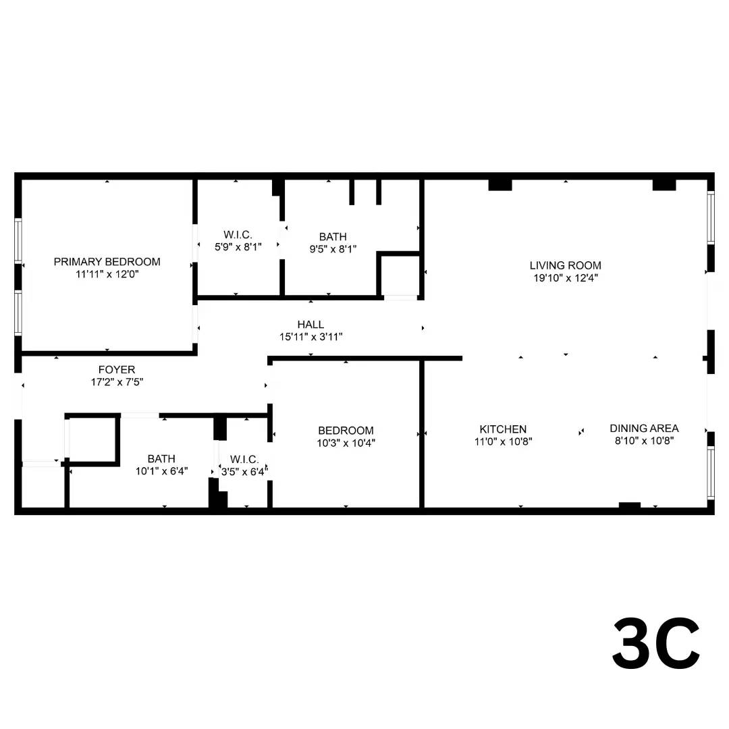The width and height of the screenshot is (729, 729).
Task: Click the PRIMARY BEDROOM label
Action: pos(107,262)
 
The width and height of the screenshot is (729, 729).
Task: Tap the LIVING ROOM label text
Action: pos(566,265)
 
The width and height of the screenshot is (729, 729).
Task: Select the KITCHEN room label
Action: pos(503,429)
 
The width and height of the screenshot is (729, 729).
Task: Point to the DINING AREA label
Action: pos(644,428)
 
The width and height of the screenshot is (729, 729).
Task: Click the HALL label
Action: pos(310,325)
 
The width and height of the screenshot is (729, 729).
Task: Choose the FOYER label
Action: pos(117,370)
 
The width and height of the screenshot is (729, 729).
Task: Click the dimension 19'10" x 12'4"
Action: pos(566,278)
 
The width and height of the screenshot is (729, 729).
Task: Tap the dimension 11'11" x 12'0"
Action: pos(107,274)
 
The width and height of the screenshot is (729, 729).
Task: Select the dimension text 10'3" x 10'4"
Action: pos(346,443)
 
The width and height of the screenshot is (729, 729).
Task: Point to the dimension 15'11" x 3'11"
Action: pos(310,337)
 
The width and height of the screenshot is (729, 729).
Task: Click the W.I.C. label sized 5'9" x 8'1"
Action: pos(238,235)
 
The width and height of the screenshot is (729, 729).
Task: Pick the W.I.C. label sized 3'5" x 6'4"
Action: pos(244,460)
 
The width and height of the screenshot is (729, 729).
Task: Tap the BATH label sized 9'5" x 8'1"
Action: pos(333,237)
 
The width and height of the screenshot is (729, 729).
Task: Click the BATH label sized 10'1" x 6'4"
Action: pos(161,459)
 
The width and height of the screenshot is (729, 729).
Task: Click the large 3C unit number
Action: pos(656,643)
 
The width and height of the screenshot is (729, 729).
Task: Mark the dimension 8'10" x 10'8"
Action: pos(644,440)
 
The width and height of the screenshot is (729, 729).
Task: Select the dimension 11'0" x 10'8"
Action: pos(503,441)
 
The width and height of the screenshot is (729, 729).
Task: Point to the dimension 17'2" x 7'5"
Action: pos(117,382)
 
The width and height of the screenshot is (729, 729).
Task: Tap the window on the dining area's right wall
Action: pos(710,473)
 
